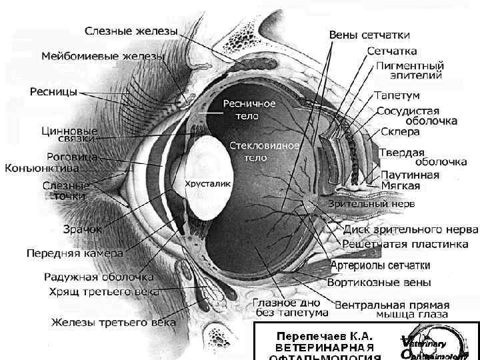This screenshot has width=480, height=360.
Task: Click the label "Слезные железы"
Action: [x=131, y=31]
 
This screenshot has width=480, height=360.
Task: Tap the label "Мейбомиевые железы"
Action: [x=103, y=57]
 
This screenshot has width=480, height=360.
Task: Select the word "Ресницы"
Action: [x=53, y=91]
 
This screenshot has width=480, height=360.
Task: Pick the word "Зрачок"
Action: [x=82, y=229]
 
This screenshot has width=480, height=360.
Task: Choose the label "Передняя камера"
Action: [x=75, y=253]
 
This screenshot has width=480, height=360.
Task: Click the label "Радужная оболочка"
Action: [x=99, y=277]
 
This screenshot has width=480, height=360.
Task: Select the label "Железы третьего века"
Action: [x=113, y=323]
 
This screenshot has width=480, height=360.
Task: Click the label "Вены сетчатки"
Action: [x=369, y=34]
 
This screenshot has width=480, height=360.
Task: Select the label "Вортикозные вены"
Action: [x=379, y=283]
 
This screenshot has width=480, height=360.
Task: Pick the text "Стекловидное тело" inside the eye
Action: [x=256, y=151]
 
